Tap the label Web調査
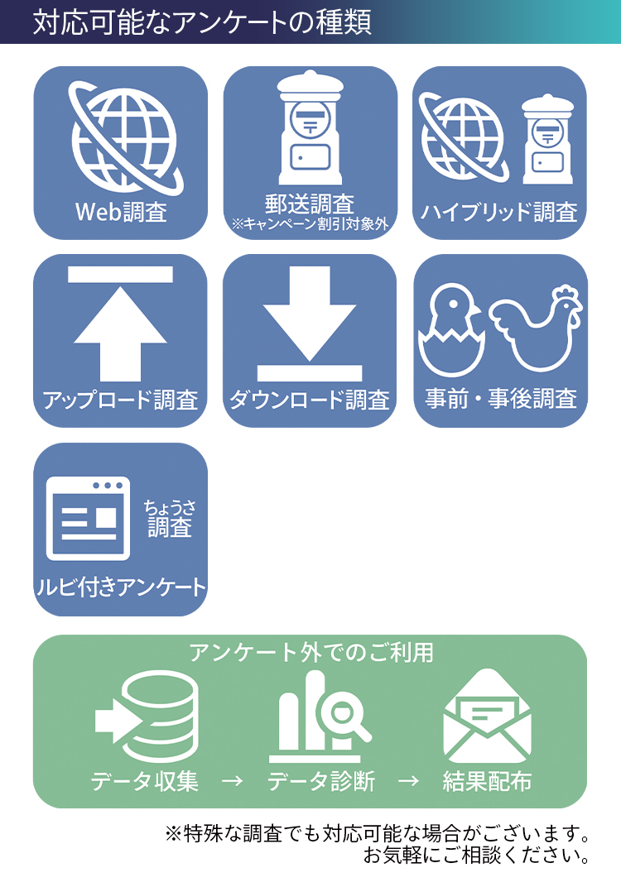(121, 212)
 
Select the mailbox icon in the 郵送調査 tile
(310, 127)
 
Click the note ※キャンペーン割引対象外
(310, 224)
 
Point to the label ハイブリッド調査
(499, 213)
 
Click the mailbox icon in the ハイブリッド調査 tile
(547, 139)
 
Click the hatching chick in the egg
(452, 331)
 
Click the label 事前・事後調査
(501, 400)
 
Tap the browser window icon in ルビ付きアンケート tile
(89, 519)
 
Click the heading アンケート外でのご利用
(310, 652)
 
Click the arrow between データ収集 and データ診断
(233, 781)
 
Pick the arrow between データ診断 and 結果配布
(409, 781)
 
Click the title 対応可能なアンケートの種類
(202, 22)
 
